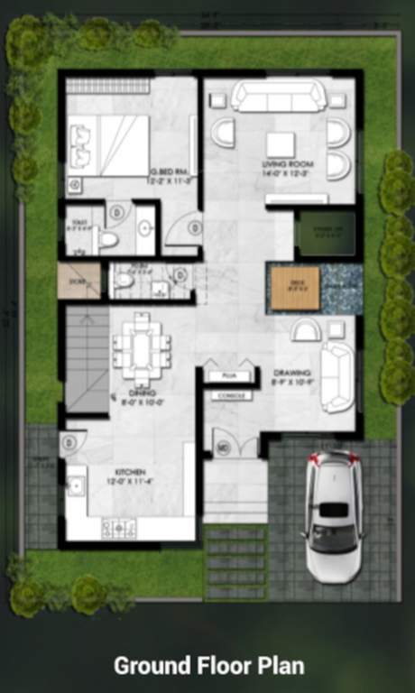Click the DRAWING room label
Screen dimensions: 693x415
point(292,373)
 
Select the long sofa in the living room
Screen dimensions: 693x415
point(278,95)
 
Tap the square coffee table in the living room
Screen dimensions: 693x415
point(280,143)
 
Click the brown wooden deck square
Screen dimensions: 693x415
point(292,289)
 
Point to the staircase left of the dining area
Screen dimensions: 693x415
point(88,359)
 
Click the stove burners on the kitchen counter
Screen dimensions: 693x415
point(118,527)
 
